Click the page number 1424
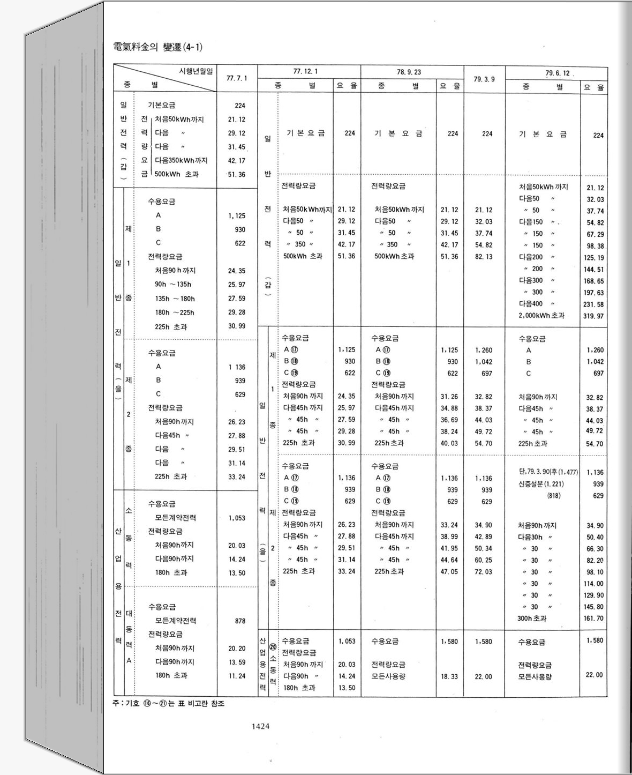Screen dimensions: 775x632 260,727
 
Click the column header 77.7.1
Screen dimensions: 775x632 237,78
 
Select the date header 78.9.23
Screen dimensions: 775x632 409,72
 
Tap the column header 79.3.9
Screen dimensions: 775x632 484,79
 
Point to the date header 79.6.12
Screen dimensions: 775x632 557,73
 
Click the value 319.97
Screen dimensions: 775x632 593,316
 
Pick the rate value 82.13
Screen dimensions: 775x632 484,257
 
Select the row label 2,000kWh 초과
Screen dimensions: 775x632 541,316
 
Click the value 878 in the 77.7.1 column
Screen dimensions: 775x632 240,621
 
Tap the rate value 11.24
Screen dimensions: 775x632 237,676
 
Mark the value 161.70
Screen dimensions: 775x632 593,618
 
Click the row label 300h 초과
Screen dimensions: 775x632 532,618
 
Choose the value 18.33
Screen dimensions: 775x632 449,677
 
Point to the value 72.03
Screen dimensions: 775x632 484,572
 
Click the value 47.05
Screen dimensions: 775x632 449,572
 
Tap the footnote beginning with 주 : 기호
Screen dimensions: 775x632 169,704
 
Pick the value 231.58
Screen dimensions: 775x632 593,304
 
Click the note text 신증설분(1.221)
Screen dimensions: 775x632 541,484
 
